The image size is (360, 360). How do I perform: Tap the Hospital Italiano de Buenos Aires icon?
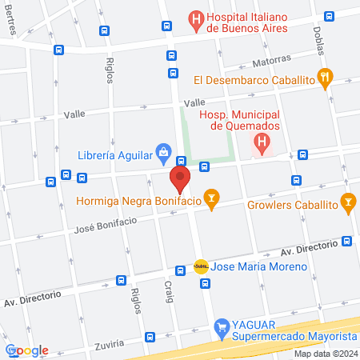(195, 18)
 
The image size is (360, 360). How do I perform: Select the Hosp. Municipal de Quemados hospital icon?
(261, 143)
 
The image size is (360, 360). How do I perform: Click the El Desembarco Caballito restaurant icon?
(325, 78)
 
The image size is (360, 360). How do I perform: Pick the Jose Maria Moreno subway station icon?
(201, 266)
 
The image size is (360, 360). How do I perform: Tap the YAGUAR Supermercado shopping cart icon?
(222, 326)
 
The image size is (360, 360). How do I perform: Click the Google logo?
(27, 350)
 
